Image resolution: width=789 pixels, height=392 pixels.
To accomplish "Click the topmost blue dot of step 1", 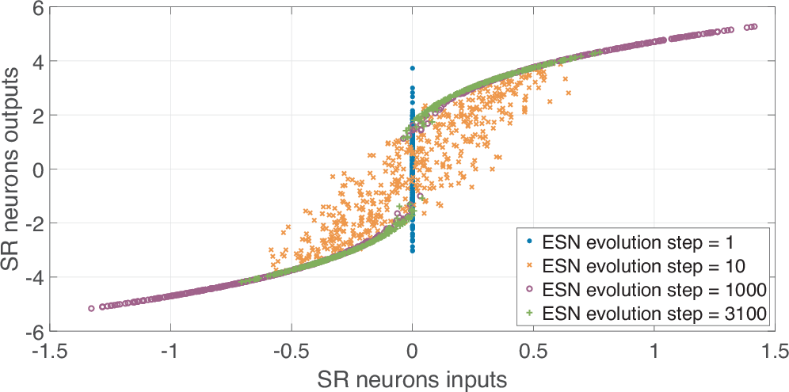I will tap(412, 68).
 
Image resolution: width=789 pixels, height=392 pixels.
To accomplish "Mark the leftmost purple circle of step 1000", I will tap(91, 308).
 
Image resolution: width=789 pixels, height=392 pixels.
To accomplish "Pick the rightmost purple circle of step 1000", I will tap(755, 26).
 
